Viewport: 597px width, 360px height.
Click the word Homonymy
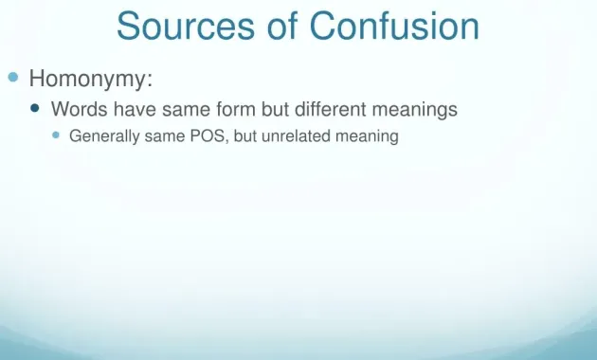pyautogui.click(x=89, y=77)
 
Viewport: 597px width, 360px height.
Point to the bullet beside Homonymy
pyautogui.click(x=13, y=76)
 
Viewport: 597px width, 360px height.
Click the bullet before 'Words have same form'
pyautogui.click(x=36, y=109)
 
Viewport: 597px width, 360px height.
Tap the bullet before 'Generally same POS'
pyautogui.click(x=56, y=135)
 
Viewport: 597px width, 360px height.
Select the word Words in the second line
pyautogui.click(x=79, y=110)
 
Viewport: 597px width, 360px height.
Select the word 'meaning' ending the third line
pyautogui.click(x=368, y=136)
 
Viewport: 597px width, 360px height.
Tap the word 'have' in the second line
pyautogui.click(x=134, y=110)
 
